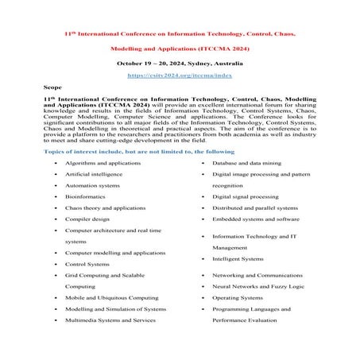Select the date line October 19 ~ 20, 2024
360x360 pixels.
(x=180, y=61)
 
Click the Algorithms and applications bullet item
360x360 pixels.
(x=101, y=162)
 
